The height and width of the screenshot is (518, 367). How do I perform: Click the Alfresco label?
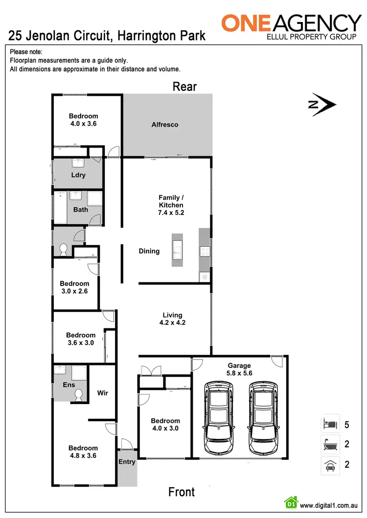[x=164, y=125]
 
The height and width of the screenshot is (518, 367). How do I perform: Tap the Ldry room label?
[x=78, y=175]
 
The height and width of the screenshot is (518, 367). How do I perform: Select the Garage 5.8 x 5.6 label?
[x=239, y=369]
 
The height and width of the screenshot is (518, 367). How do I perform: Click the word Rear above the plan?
[x=184, y=86]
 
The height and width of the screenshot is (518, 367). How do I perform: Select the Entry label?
[x=127, y=462]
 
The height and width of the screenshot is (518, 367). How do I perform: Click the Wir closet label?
[x=103, y=392]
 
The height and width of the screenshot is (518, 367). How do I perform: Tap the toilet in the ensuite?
[x=78, y=395]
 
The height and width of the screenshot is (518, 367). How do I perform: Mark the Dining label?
[x=149, y=251]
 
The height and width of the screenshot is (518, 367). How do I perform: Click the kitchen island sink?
[x=177, y=250]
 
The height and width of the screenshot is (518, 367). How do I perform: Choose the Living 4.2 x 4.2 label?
[x=172, y=319]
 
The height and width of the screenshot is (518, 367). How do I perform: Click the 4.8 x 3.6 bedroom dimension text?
[x=83, y=455]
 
